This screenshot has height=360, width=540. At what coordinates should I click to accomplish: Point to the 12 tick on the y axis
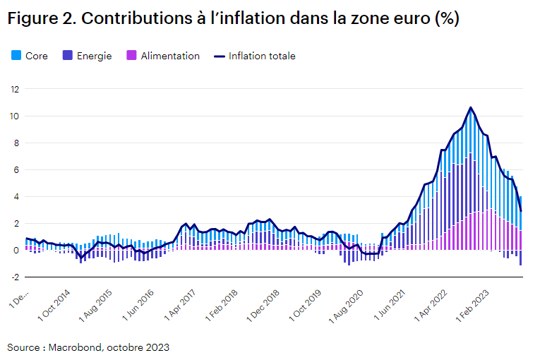point(13,89)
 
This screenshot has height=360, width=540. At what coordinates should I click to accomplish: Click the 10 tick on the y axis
point(13,116)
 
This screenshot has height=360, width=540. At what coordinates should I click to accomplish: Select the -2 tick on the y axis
point(13,277)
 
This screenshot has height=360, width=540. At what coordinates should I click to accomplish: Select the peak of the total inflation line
point(471,107)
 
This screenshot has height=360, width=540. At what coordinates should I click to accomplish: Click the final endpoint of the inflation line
point(521,210)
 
